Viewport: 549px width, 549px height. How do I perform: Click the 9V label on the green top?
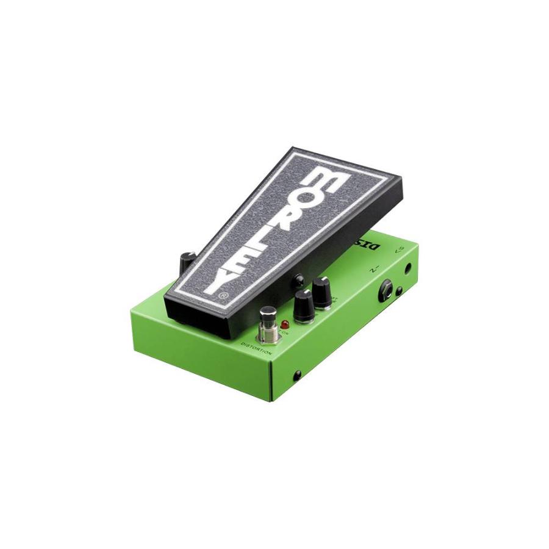pyautogui.click(x=399, y=249)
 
